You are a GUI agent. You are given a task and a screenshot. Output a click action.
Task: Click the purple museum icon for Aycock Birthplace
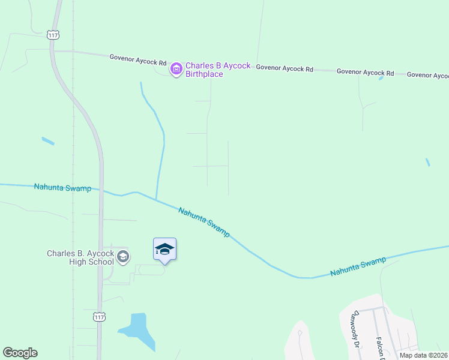[x=176, y=70]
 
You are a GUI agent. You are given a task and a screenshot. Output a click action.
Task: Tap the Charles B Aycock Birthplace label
[x=217, y=70]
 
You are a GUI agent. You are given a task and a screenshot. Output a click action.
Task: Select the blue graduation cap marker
[x=165, y=250]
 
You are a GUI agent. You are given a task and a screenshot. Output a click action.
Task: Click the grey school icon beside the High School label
[x=122, y=257]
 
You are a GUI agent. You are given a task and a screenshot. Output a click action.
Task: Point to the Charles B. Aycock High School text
[x=80, y=257]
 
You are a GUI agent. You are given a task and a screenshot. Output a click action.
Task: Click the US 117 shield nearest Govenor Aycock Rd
[x=53, y=35]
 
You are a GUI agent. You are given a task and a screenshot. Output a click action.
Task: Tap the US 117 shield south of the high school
[x=100, y=316]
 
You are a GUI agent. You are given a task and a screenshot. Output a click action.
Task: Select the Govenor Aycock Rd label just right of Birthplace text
[x=285, y=68]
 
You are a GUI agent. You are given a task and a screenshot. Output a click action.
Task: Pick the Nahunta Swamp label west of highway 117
[x=62, y=188]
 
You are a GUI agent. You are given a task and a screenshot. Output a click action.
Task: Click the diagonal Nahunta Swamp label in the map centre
[x=204, y=221]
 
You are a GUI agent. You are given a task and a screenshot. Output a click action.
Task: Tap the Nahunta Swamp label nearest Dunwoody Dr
[x=358, y=268]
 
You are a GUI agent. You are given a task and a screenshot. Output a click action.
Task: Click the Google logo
[x=20, y=353]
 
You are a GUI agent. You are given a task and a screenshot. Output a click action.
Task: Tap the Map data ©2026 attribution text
[x=424, y=355]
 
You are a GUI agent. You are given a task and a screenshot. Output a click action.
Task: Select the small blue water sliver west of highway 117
[x=48, y=142]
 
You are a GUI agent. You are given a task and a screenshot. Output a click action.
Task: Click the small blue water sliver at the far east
[x=427, y=162]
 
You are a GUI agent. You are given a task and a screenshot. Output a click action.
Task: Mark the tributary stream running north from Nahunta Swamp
[x=161, y=144]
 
